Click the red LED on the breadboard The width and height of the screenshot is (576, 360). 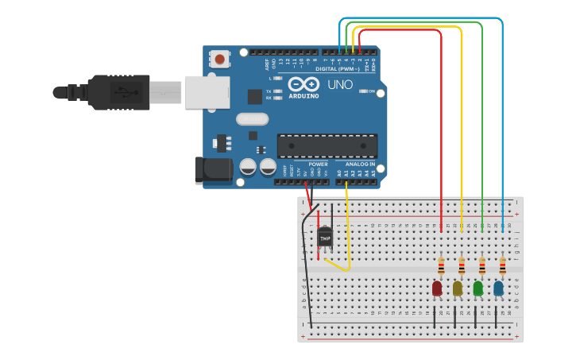tap(437, 288)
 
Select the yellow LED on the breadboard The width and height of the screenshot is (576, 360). tap(458, 288)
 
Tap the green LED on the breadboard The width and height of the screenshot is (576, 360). tap(477, 288)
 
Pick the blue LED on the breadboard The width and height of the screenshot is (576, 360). tap(498, 288)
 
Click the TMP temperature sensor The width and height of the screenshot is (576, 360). tap(325, 237)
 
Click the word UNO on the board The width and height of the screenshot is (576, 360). tap(340, 84)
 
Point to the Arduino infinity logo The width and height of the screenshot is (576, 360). tap(303, 84)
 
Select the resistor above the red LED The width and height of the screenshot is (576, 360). tap(442, 265)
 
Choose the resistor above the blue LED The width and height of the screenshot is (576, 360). tap(502, 265)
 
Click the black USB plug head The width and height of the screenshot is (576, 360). tap(119, 91)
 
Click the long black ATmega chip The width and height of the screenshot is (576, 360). tap(327, 145)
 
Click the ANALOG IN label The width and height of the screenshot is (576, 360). tap(360, 165)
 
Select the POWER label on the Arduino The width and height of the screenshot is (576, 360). tap(319, 165)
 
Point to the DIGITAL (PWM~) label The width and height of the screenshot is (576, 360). tap(338, 69)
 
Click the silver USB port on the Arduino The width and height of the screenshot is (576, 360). tap(207, 91)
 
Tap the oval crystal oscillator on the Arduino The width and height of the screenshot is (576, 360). tap(253, 119)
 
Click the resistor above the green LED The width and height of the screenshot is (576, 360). tap(482, 265)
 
